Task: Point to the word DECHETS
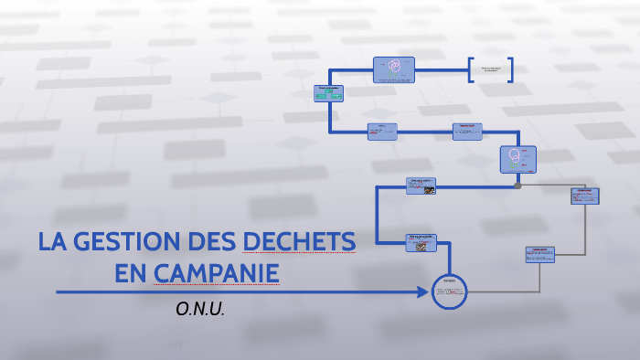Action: tap(299, 243)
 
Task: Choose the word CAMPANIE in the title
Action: tap(216, 272)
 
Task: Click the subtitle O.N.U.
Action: tap(200, 309)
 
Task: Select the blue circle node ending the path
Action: tap(449, 292)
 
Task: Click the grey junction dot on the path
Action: tap(517, 185)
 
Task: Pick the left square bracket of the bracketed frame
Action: tap(471, 70)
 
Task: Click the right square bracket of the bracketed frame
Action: tap(510, 70)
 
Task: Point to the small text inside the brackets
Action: tap(491, 69)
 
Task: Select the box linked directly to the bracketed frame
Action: tap(394, 69)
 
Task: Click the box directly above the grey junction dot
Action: tap(517, 159)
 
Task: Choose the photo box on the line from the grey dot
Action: tap(421, 185)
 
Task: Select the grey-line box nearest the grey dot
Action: tap(584, 196)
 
